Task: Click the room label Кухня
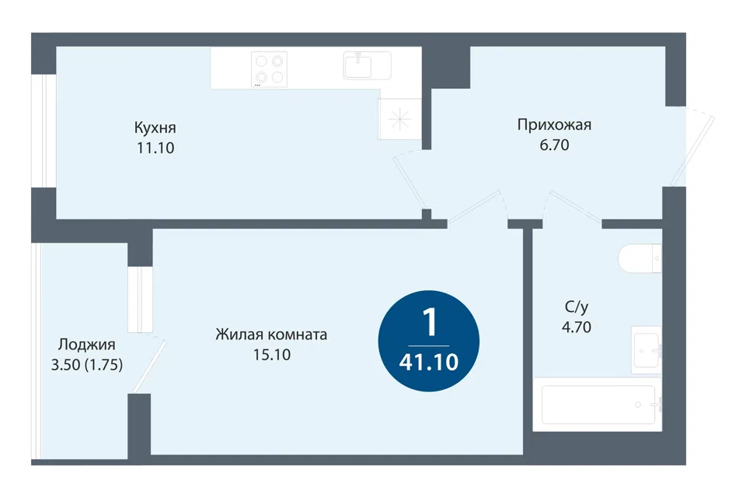155,128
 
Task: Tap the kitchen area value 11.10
155,148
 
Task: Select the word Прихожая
554,124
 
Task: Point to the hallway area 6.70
554,145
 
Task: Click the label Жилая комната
271,335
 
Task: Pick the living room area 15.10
272,355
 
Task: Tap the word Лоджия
86,345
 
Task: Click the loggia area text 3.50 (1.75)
86,365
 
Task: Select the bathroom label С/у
576,307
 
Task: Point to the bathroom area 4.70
576,328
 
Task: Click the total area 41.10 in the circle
429,363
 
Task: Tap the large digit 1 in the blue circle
430,322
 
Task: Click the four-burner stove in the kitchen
270,69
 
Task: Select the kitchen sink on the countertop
368,65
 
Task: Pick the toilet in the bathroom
640,258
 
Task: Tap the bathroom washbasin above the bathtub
647,350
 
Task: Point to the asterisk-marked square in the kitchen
399,119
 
